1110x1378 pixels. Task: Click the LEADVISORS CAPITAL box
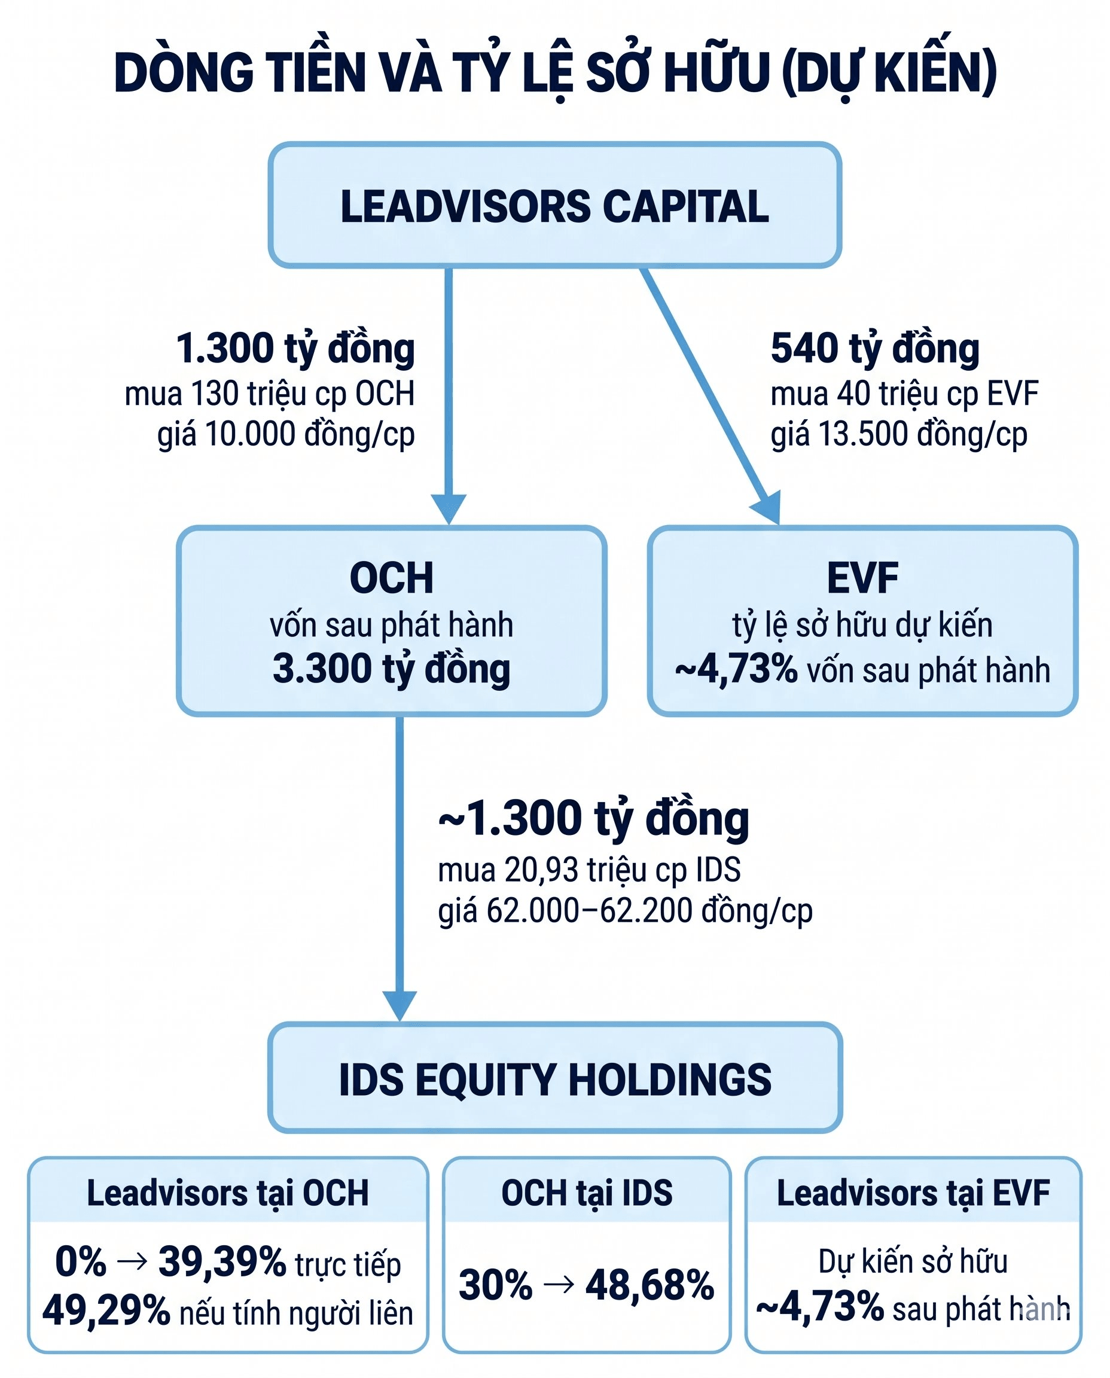[x=554, y=205]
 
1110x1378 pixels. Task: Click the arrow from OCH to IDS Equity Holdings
[x=400, y=868]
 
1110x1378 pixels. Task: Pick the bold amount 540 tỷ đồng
[x=875, y=349]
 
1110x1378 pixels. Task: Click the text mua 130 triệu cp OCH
[x=269, y=394]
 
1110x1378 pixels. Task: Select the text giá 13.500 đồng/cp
[x=898, y=435]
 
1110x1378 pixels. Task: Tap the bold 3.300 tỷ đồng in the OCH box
[x=391, y=669]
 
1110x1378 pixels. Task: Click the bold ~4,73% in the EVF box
[x=736, y=669]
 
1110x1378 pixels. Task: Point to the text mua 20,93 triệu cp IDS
[x=589, y=870]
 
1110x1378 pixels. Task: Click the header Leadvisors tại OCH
[x=228, y=1193]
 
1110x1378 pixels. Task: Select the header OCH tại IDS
[x=586, y=1193]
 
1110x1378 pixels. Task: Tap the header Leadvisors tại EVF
[x=913, y=1193]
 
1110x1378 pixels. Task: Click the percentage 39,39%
[x=222, y=1261]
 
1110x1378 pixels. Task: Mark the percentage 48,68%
[x=649, y=1285]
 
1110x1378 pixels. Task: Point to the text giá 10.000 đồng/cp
[x=286, y=435]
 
